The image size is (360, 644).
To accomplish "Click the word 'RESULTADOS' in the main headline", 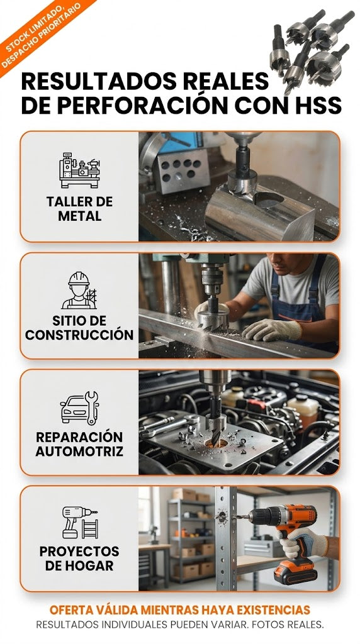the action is [x=99, y=81].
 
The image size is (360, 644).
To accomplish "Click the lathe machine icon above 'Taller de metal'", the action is [x=79, y=170].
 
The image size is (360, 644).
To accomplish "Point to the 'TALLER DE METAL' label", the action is [x=79, y=209].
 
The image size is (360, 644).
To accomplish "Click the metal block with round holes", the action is [x=183, y=170].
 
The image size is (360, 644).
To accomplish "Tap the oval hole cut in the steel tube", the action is [x=269, y=199].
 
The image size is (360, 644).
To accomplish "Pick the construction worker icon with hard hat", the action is [x=79, y=290].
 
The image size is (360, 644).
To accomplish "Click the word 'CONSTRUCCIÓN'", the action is [x=79, y=335].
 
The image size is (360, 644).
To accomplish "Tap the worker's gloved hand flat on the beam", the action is [x=271, y=330].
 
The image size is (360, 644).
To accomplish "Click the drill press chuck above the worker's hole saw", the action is [x=212, y=279].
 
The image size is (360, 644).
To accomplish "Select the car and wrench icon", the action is [x=79, y=408].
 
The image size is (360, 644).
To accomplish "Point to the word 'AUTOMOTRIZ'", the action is [x=79, y=452].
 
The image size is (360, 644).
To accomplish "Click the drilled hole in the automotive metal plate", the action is [x=215, y=443].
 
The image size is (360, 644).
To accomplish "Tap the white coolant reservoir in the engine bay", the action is [x=303, y=408].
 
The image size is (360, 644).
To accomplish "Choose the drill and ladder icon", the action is [x=80, y=523].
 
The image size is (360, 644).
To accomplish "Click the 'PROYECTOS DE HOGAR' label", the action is [x=79, y=558].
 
